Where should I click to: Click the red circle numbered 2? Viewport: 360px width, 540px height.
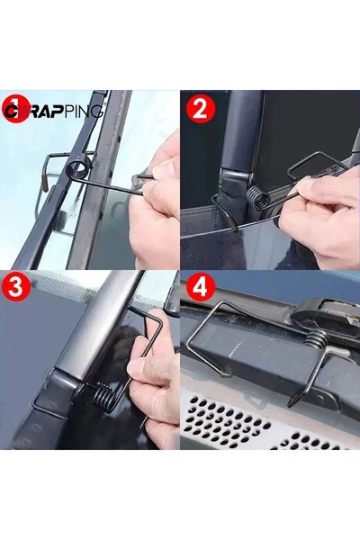tap(201, 111)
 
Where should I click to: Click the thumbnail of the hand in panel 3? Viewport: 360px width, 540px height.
tap(157, 387)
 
